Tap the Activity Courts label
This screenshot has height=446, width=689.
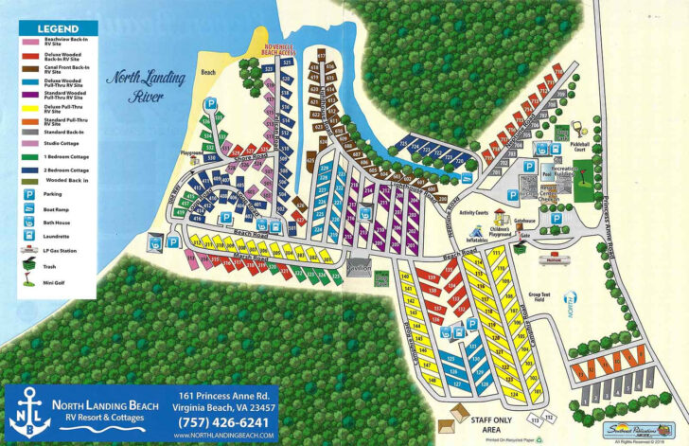(x=473, y=213)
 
